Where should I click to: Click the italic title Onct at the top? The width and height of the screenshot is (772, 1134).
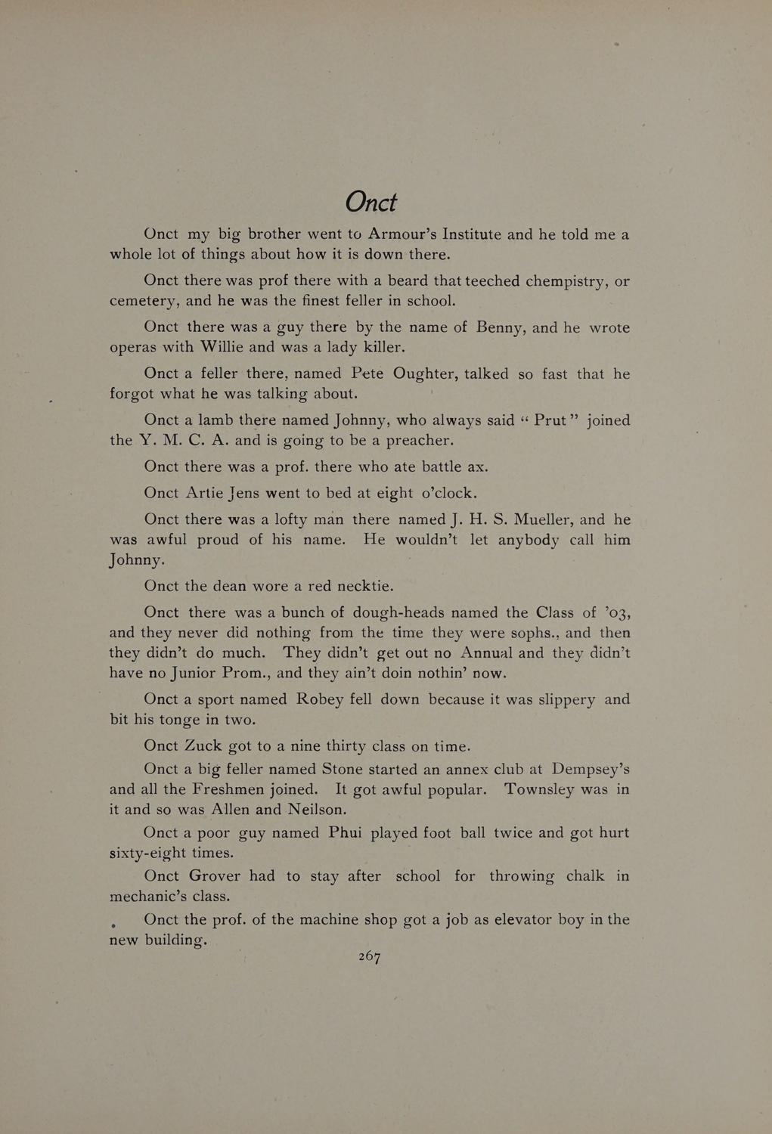tap(370, 202)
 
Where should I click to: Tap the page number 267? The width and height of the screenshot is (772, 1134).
tap(369, 956)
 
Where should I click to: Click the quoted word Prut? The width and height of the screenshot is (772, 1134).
tap(550, 420)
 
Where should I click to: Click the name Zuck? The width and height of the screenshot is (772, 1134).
tap(204, 746)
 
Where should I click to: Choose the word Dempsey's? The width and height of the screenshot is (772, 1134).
tap(591, 770)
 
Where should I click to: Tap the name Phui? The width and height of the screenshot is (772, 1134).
tap(345, 833)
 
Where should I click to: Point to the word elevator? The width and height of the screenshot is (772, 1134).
tap(516, 920)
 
